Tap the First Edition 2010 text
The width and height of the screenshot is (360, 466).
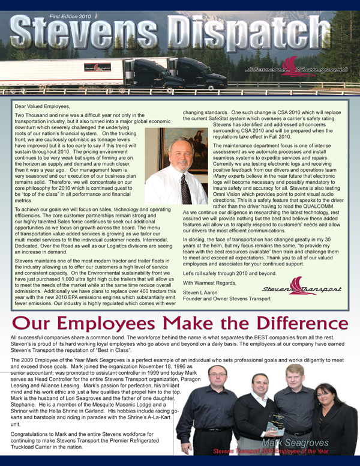pyautogui.click(x=70, y=17)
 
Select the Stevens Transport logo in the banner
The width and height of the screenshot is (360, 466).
pyautogui.click(x=297, y=68)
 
